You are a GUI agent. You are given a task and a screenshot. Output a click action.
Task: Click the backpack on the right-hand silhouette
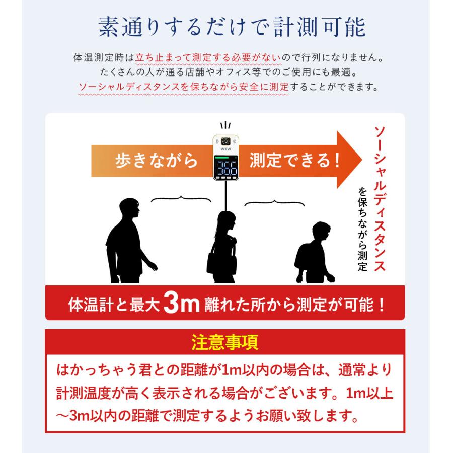click(x=305, y=262)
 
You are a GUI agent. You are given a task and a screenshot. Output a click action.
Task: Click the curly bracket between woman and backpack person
click(x=274, y=202)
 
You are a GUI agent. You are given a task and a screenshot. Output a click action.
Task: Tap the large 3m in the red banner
click(x=182, y=304)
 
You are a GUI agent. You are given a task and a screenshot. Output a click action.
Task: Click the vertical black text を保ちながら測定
click(x=362, y=229)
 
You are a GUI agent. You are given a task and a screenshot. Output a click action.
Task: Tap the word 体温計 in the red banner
click(x=91, y=305)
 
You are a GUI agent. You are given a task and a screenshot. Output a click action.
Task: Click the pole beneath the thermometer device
click(x=225, y=199)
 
